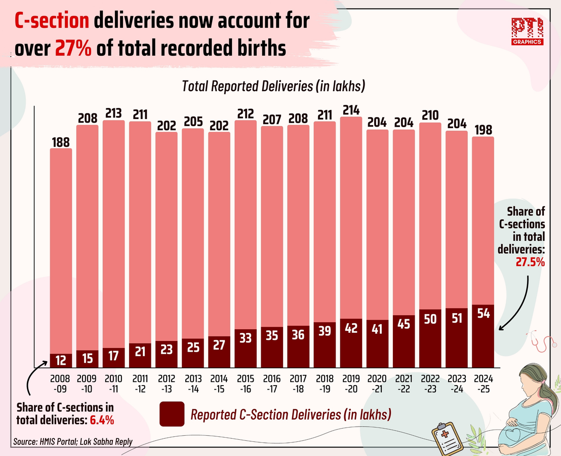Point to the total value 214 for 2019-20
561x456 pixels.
point(351,110)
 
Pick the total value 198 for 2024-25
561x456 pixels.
point(483,130)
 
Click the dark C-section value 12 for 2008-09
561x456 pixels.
point(61,360)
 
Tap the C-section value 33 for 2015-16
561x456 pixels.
point(246,338)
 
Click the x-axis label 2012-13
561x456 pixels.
point(167,383)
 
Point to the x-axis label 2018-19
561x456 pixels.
point(325,383)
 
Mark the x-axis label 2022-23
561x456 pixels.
point(430,383)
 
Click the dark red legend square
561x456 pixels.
point(171,414)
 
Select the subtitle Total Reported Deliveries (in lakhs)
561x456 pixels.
point(273,86)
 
